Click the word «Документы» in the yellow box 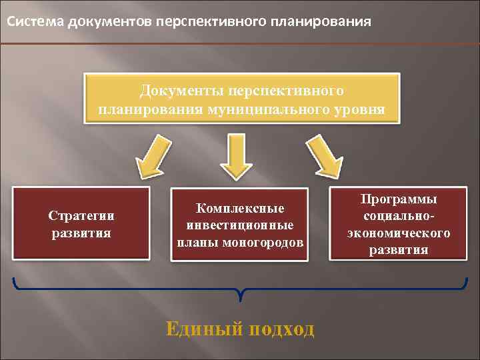pos(180,89)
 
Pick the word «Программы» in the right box pos(399,199)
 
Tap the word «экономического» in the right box pos(399,233)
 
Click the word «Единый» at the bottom pos(199,329)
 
